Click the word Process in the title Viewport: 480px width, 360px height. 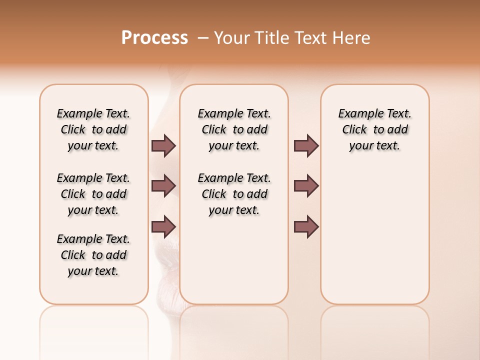point(154,38)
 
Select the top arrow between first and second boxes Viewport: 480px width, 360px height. point(163,145)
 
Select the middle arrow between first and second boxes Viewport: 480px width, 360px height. point(163,186)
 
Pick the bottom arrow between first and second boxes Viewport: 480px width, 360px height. point(163,226)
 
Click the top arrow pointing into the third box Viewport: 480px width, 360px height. point(306,145)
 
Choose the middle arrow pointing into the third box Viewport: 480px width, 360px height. point(306,186)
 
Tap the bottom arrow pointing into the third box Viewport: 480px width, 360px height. point(306,226)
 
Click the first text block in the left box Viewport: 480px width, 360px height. point(93,129)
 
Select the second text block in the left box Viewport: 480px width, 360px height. point(93,194)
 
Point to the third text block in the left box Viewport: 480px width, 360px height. point(93,255)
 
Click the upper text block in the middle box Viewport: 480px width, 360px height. point(234,129)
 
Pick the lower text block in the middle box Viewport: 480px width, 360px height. point(234,194)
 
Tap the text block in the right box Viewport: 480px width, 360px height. point(374,129)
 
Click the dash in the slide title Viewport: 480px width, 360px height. point(203,38)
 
